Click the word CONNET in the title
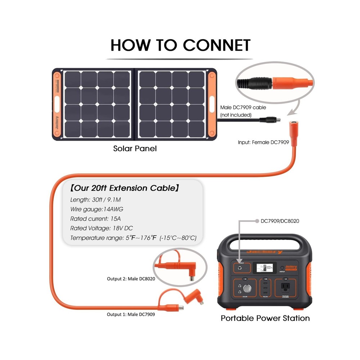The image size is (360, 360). point(216,46)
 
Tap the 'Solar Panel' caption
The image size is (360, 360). point(135,148)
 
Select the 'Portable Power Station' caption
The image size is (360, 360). point(265,318)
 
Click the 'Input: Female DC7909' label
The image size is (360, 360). point(264,142)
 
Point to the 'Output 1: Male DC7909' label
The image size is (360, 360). point(131,314)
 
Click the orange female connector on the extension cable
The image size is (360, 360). point(293,128)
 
